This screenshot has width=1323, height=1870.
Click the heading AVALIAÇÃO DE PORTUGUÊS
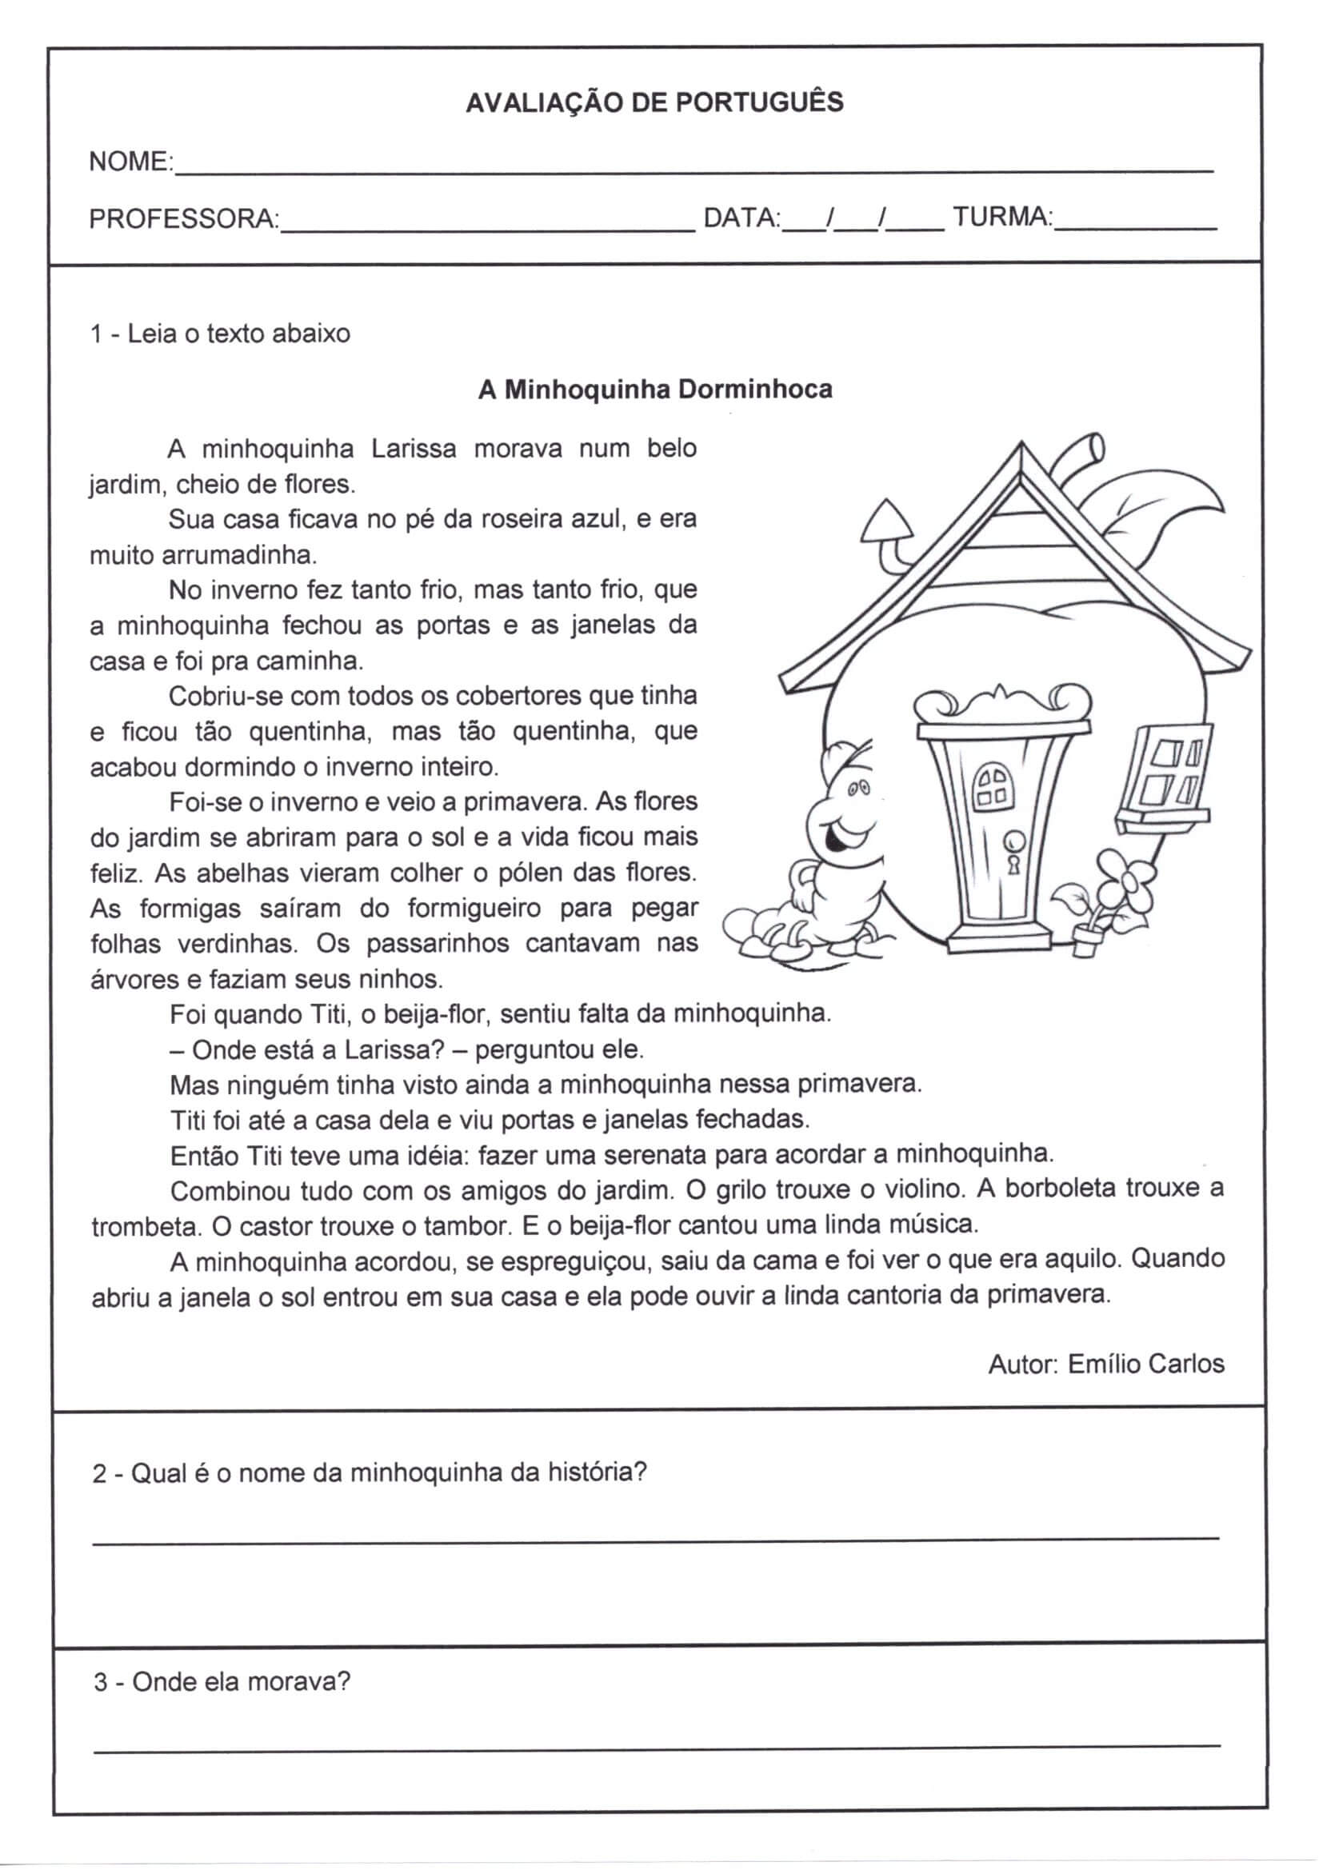click(x=654, y=102)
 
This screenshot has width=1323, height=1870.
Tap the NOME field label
click(x=129, y=162)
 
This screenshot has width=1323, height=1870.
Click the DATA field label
click(x=741, y=218)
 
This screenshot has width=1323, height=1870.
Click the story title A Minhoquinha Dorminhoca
click(x=655, y=390)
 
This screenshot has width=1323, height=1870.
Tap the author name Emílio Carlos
click(x=1145, y=1364)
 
